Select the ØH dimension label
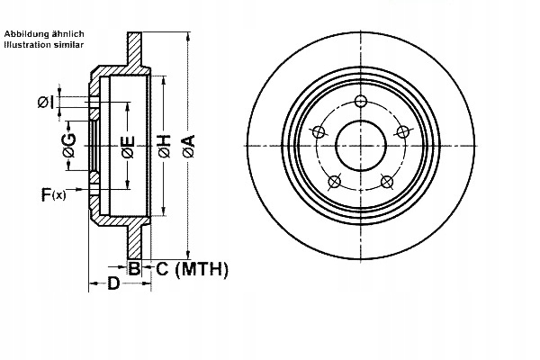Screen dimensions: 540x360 [164, 146]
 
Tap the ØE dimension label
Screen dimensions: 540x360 [128, 146]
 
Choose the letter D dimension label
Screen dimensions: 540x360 [112, 284]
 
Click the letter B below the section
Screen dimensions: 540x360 [134, 268]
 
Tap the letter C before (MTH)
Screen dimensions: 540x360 [163, 268]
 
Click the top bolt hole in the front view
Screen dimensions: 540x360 [361, 100]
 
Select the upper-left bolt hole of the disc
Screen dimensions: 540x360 [317, 132]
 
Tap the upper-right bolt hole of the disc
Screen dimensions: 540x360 [405, 132]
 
